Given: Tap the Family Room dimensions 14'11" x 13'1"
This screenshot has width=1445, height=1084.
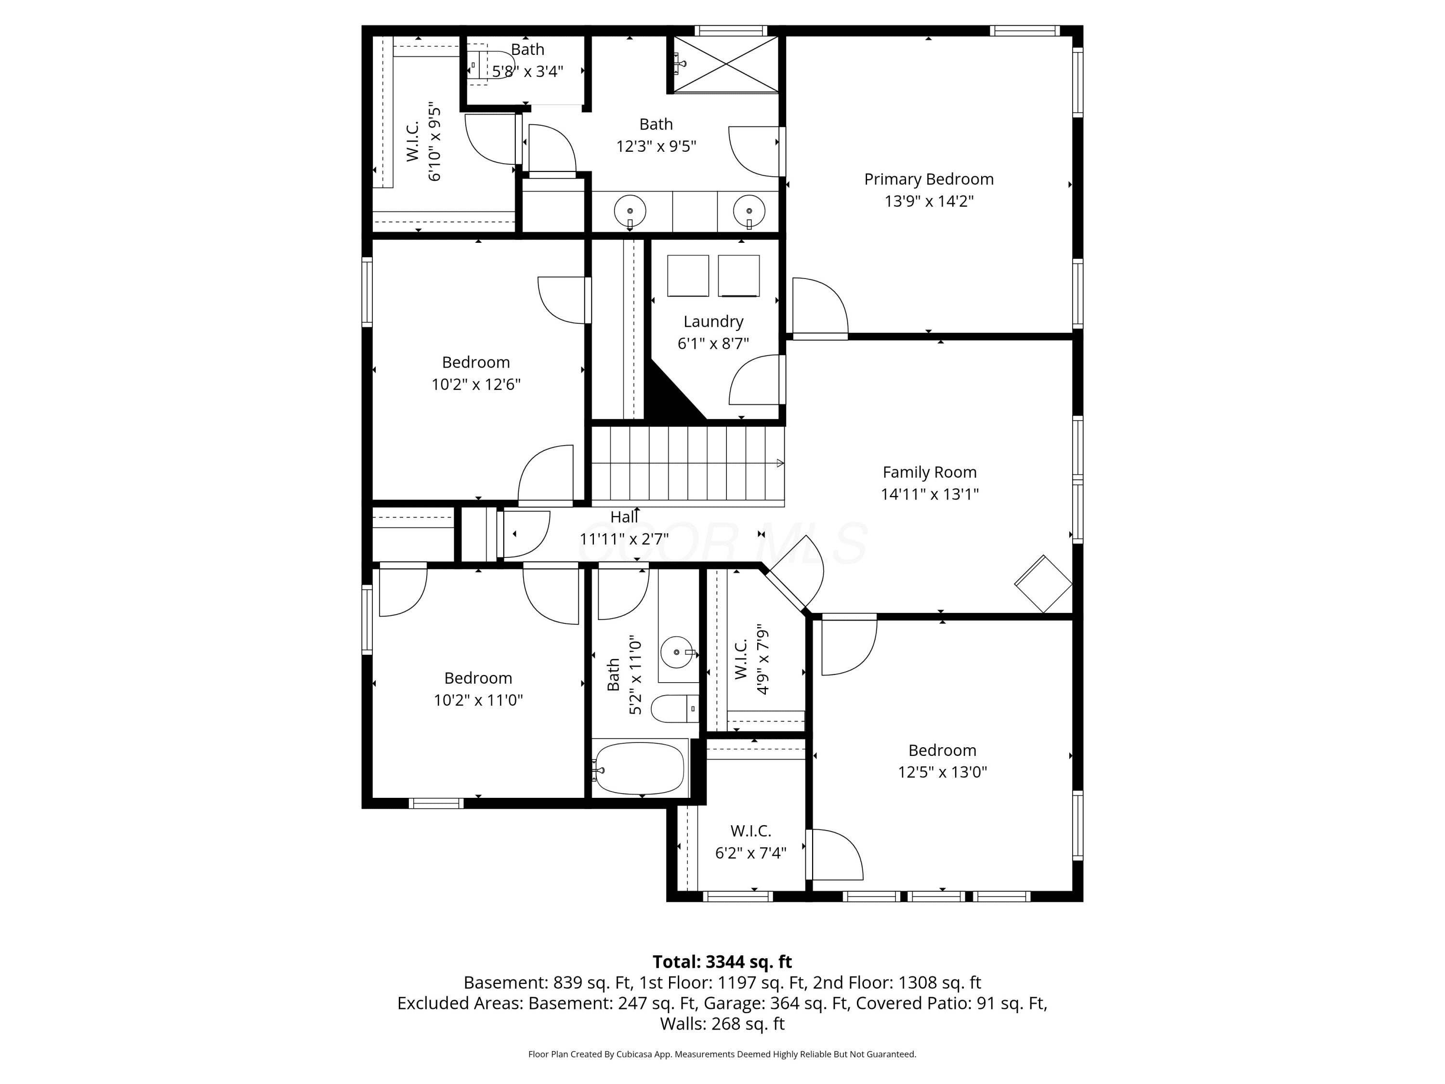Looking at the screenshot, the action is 930,494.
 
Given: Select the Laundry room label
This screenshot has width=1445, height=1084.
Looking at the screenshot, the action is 713,321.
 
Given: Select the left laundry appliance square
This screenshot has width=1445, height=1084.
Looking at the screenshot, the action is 688,276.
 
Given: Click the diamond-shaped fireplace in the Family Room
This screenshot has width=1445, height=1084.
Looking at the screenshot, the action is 1043,583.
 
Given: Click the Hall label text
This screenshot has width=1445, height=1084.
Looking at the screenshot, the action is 624,517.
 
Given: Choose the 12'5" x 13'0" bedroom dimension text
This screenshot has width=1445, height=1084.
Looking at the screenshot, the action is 942,772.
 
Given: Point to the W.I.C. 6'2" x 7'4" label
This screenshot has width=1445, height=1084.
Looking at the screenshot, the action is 750,842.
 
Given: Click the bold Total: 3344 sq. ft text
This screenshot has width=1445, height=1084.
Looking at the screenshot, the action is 722,962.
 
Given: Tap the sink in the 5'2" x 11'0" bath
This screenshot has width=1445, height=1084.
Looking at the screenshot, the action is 676,652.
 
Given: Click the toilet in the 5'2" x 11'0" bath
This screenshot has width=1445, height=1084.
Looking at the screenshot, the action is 675,708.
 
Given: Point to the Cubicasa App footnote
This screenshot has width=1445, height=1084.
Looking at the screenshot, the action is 722,1054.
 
